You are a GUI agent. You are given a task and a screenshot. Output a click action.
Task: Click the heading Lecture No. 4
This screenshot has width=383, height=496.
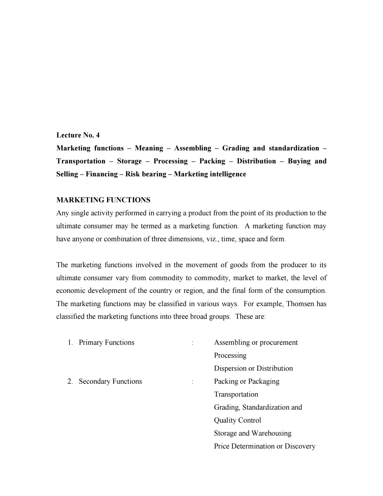click(78, 135)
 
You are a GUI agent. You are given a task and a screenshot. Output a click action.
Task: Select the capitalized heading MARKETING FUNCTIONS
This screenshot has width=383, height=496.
click(103, 200)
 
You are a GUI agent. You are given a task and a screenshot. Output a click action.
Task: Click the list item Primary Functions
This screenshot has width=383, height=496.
click(106, 343)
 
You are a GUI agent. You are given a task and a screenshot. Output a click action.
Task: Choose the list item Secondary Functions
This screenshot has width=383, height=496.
click(110, 381)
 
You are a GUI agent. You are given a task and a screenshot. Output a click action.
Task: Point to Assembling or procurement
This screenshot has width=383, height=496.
click(256, 343)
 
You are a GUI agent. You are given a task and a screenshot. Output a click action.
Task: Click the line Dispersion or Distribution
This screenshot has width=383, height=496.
click(253, 368)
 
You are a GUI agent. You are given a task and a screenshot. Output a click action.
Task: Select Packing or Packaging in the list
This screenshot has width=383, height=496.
click(247, 381)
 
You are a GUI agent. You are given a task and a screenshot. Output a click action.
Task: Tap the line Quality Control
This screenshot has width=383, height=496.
click(237, 420)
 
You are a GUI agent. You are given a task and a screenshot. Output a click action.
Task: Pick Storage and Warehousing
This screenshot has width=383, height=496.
click(253, 433)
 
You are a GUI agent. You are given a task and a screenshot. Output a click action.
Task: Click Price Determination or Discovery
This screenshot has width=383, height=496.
click(264, 446)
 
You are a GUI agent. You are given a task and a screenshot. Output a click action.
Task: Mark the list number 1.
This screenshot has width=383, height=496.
click(70, 343)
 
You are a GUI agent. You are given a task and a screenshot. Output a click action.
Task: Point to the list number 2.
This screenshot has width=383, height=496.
click(70, 381)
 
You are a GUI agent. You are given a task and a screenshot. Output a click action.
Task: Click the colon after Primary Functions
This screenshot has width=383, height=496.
click(192, 343)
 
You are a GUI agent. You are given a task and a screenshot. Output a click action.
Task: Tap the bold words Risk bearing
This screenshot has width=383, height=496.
click(146, 174)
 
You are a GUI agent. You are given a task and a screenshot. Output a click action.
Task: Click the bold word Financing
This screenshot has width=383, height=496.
click(101, 174)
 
